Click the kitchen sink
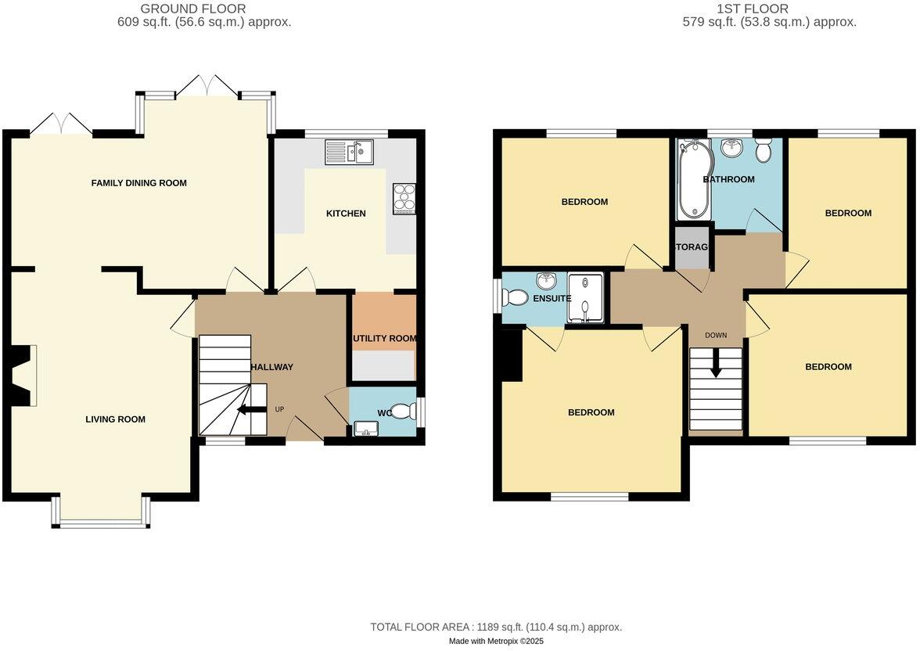[x=350, y=152]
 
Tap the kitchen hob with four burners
[x=405, y=198]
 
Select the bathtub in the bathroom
[x=694, y=180]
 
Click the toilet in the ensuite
[x=516, y=297]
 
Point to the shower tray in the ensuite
[x=586, y=298]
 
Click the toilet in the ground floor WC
[x=404, y=411]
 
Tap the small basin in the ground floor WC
[x=365, y=427]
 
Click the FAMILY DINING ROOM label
[x=139, y=183]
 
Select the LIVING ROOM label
[x=115, y=419]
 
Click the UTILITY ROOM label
[x=384, y=339]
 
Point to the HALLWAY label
[x=271, y=367]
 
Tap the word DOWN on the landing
[x=716, y=336]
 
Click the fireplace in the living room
[x=23, y=376]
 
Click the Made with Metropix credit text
[x=496, y=641]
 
